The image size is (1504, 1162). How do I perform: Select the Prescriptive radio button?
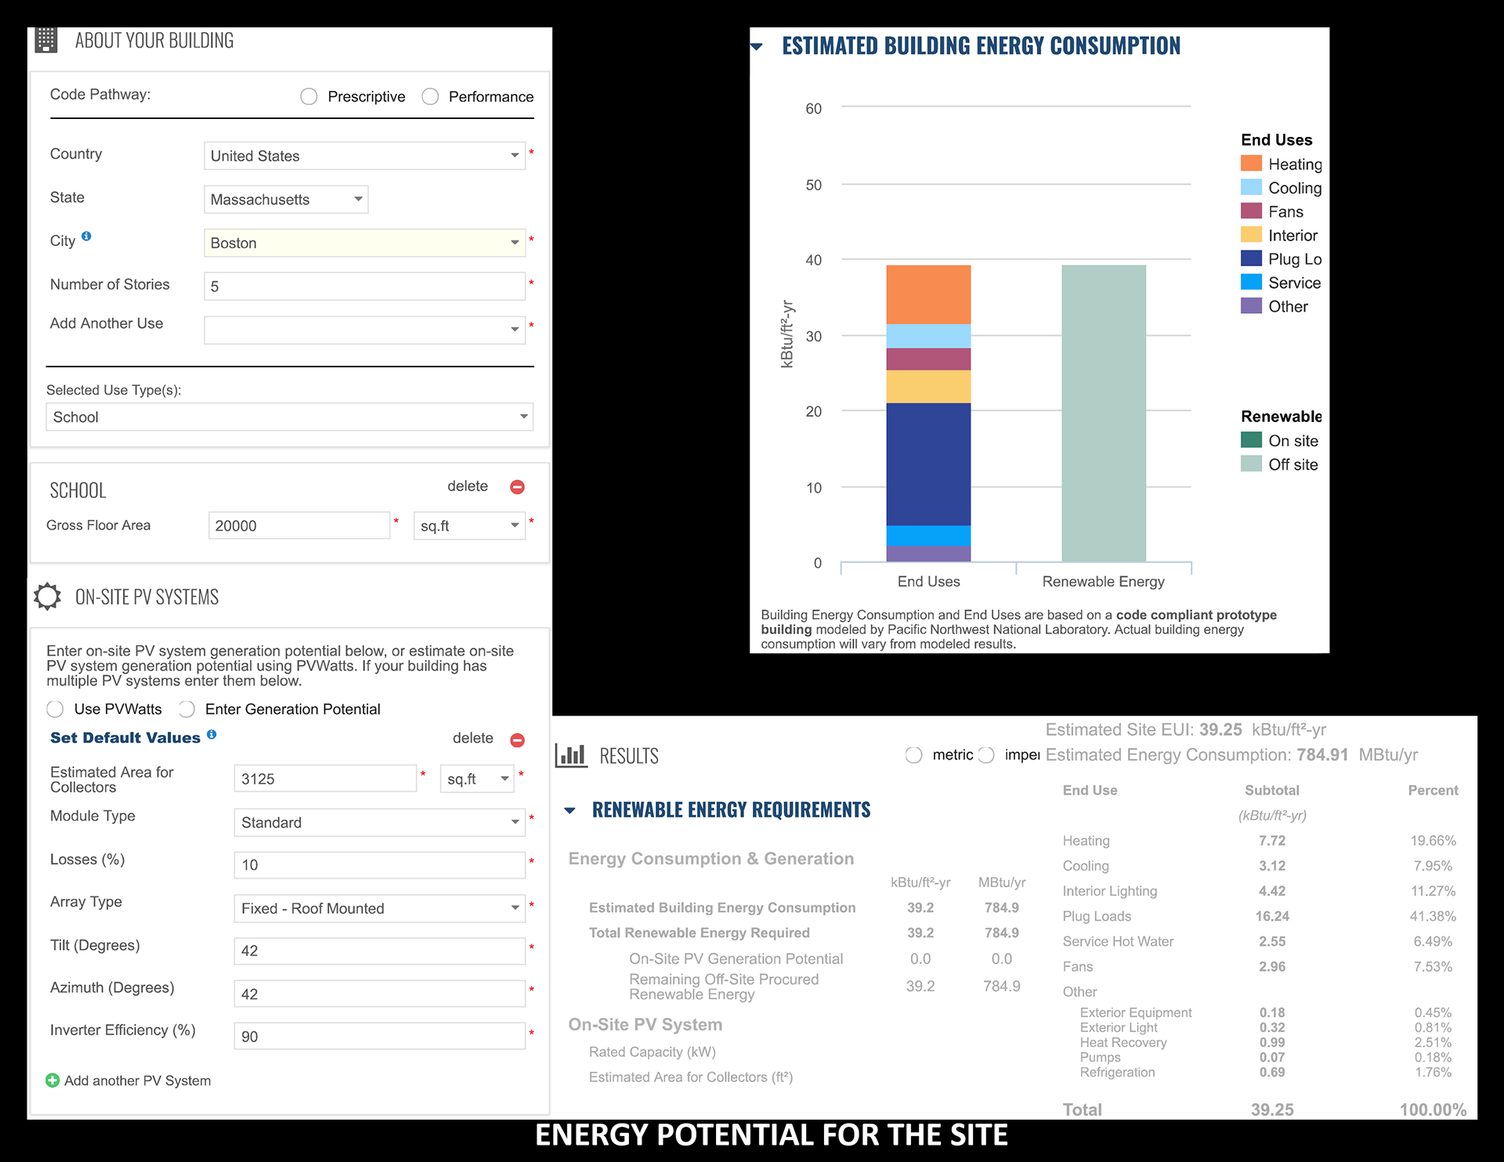309,96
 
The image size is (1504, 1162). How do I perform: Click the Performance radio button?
430,96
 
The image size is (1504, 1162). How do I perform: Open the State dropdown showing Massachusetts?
286,200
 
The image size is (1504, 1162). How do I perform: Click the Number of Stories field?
364,287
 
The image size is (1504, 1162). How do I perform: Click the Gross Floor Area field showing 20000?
299,525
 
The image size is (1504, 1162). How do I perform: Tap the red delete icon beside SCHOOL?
517,487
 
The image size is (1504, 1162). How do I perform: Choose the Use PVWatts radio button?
55,709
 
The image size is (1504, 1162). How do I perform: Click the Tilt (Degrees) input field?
379,951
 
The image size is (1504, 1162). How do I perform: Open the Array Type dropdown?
379,908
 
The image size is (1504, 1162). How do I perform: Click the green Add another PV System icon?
52,1081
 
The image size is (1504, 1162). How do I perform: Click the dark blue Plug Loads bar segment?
928,464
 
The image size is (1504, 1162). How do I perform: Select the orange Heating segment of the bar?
928,294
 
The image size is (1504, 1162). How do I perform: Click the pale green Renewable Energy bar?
1103,413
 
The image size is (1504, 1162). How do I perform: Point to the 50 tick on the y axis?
814,185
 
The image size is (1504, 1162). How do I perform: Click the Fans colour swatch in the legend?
1251,211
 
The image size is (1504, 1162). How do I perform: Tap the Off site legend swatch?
1251,464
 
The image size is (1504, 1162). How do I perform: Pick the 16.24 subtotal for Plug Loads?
1272,916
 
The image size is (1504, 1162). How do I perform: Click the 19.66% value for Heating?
1433,841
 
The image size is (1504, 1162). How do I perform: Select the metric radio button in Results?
913,755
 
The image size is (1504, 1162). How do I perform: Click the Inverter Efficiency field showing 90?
379,1037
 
